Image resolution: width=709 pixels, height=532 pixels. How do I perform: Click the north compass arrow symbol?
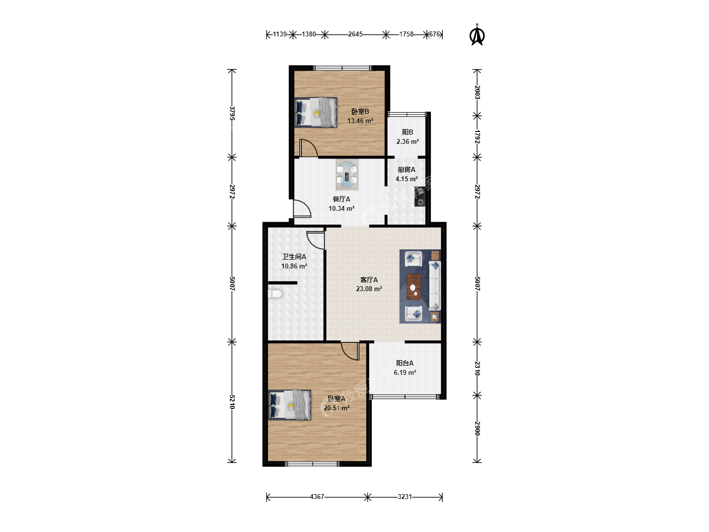click(477, 35)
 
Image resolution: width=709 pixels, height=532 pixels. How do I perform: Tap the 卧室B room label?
click(360, 111)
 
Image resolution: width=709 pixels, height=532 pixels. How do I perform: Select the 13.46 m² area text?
click(360, 121)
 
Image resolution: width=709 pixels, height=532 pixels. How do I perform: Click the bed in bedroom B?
click(316, 112)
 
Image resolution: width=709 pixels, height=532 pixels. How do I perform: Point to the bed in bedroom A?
click(290, 405)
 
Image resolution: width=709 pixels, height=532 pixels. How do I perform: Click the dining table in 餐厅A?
click(347, 174)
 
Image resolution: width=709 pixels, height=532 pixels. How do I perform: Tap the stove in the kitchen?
click(420, 197)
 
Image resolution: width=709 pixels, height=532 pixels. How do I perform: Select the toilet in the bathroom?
click(275, 294)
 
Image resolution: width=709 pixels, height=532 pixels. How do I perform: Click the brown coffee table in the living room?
click(414, 287)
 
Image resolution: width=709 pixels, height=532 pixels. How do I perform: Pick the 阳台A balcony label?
click(405, 363)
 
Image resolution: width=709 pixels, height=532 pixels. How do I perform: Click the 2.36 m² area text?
click(408, 141)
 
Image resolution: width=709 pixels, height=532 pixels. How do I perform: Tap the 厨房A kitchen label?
click(406, 169)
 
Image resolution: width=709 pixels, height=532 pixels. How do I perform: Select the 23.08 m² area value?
click(369, 289)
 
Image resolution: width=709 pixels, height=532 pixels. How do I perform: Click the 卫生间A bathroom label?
click(294, 257)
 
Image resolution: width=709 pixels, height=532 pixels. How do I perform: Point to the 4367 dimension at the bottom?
click(317, 497)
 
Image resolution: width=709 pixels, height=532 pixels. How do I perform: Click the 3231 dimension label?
click(405, 497)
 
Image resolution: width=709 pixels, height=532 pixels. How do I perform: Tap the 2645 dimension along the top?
click(355, 34)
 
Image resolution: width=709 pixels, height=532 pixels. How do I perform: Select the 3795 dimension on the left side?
click(232, 113)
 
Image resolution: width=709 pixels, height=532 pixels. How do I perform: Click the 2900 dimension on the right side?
click(478, 429)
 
